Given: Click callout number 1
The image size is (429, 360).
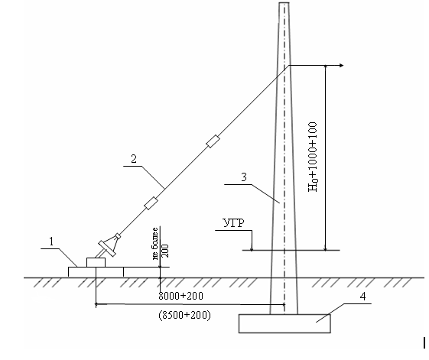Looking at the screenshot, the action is (51, 242).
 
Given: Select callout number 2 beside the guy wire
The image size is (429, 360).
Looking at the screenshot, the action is (134, 159).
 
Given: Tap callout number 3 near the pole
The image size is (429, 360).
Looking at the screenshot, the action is (244, 177).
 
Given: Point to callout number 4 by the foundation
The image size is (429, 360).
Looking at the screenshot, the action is (362, 297).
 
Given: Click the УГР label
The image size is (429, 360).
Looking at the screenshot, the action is (234, 223).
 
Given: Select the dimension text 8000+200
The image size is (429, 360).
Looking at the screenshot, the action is (180, 296).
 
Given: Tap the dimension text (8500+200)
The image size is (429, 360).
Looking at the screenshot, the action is (185, 315).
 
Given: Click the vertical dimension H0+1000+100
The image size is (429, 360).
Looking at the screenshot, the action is (313, 157).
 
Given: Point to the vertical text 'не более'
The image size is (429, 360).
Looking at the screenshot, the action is (155, 244).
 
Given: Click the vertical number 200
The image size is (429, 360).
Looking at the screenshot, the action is (165, 251).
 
